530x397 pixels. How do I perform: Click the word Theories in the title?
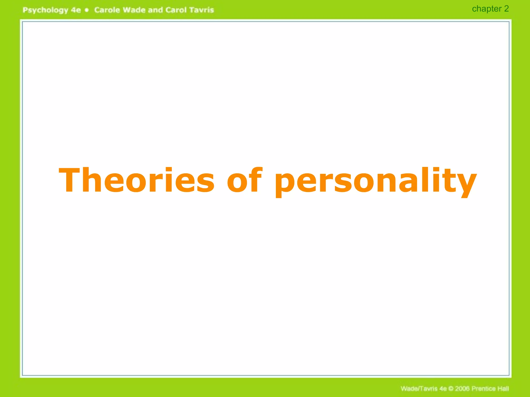[x=137, y=180]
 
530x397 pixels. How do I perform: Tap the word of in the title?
[x=244, y=180]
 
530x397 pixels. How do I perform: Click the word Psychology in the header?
[x=45, y=10]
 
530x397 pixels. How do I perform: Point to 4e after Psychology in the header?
[x=76, y=10]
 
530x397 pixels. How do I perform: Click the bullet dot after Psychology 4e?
[x=87, y=10]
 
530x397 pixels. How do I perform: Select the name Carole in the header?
[x=107, y=10]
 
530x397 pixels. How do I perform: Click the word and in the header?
[x=155, y=10]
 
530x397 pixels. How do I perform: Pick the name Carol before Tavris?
[x=176, y=10]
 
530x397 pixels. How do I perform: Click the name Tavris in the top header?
[x=201, y=10]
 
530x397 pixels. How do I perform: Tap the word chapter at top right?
[x=487, y=9]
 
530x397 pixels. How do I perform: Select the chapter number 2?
[x=506, y=9]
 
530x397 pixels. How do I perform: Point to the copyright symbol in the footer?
[x=451, y=388]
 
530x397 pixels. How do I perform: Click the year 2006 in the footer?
[x=462, y=388]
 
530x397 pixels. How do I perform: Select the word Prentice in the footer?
[x=483, y=388]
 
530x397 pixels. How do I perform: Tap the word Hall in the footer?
[x=503, y=388]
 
